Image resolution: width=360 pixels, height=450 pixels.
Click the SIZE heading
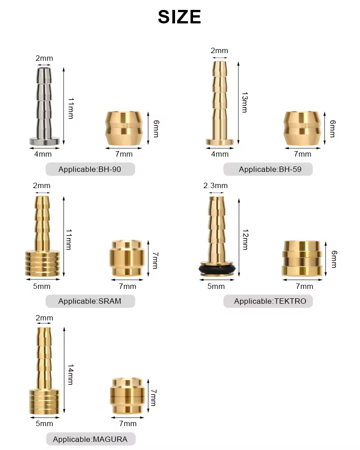[180, 17]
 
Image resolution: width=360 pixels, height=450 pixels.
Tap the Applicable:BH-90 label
[90, 169]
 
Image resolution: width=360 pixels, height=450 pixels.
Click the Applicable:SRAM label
[90, 301]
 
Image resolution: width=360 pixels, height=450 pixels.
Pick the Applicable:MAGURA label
[90, 439]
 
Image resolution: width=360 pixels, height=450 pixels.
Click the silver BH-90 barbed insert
[44, 107]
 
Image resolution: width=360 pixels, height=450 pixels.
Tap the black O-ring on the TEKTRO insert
[217, 269]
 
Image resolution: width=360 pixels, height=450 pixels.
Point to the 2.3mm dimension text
[216, 186]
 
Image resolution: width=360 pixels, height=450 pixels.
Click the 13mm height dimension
[245, 103]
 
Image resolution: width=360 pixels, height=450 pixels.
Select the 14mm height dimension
[71, 374]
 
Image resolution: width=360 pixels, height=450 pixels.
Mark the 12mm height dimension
[245, 239]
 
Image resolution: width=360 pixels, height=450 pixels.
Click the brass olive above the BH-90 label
[124, 128]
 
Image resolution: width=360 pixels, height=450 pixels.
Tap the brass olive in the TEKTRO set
[302, 258]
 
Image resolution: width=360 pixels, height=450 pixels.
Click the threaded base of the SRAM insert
[42, 263]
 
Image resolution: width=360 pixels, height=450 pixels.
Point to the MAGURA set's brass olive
[127, 396]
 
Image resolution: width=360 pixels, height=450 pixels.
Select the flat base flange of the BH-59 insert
[220, 142]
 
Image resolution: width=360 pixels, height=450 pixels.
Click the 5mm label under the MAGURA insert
[44, 423]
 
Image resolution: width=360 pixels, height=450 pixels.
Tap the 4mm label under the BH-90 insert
[43, 154]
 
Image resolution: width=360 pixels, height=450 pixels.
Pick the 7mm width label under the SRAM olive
[127, 286]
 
